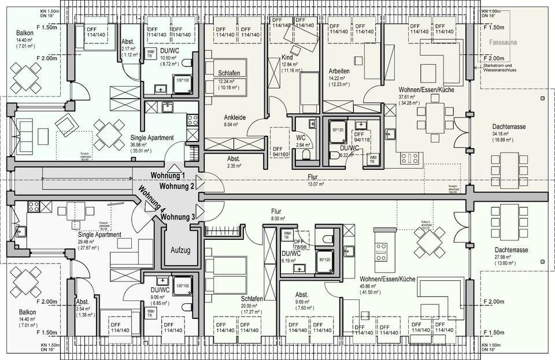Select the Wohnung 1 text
click(x=168, y=176)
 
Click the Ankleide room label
click(x=235, y=117)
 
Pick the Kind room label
click(x=287, y=58)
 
